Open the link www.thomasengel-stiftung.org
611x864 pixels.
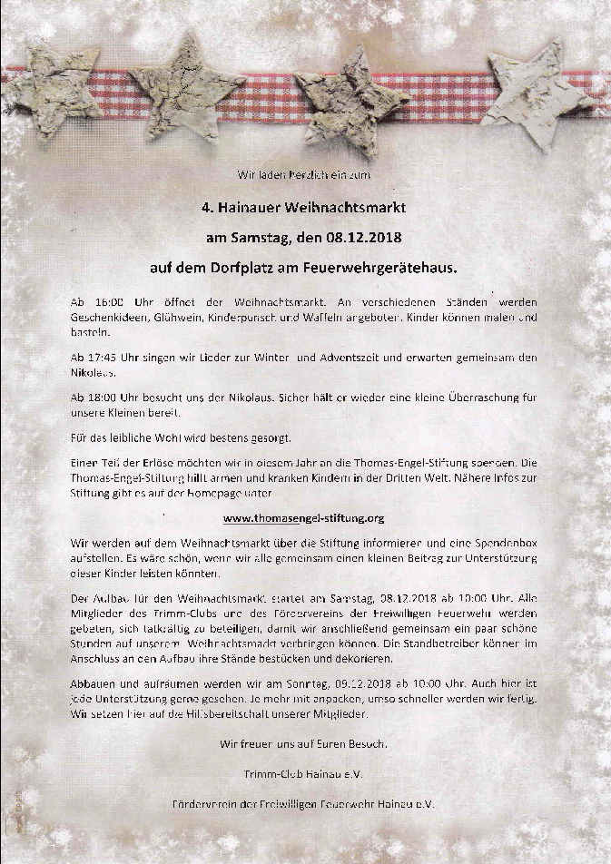tap(304, 518)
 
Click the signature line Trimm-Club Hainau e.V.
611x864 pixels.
tap(304, 772)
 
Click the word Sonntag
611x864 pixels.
tap(310, 682)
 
